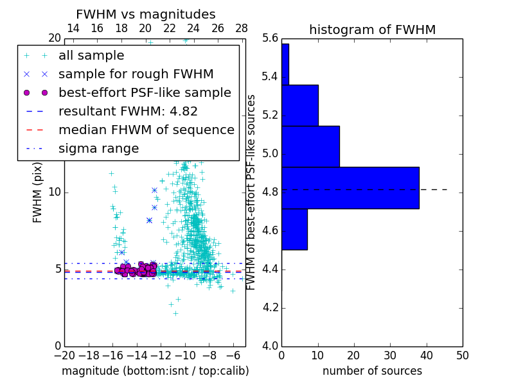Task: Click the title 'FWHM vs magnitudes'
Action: click(x=146, y=14)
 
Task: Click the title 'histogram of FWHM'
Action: click(x=372, y=30)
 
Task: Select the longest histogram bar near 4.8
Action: click(x=350, y=187)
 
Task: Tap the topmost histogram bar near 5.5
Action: click(x=285, y=64)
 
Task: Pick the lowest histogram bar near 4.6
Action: click(x=294, y=229)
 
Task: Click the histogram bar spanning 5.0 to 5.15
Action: click(x=310, y=146)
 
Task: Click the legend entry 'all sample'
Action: click(x=91, y=56)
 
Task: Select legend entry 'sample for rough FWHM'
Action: click(x=136, y=74)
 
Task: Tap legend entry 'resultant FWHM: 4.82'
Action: click(x=128, y=112)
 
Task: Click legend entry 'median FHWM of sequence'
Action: click(x=146, y=130)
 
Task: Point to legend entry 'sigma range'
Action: click(x=98, y=149)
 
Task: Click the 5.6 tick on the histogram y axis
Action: click(x=270, y=38)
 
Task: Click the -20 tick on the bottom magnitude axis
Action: click(x=64, y=355)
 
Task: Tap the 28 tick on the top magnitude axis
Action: click(x=242, y=28)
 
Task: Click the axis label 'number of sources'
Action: click(x=372, y=371)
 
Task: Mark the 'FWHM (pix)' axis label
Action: click(x=38, y=192)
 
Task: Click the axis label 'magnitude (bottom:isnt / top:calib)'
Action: click(x=155, y=371)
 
